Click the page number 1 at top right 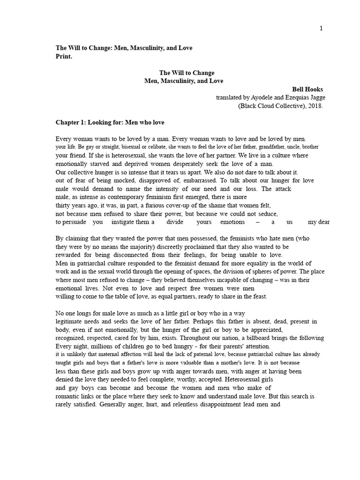(x=321, y=29)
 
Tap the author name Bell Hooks (x=307, y=89)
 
